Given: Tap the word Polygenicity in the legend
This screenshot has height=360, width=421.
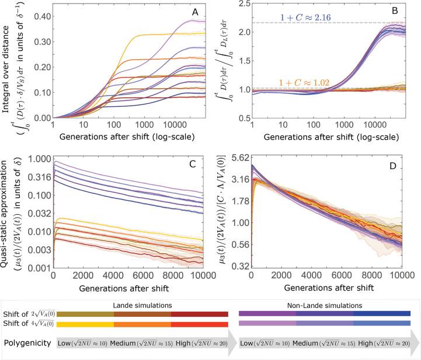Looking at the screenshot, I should point(27,344).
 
